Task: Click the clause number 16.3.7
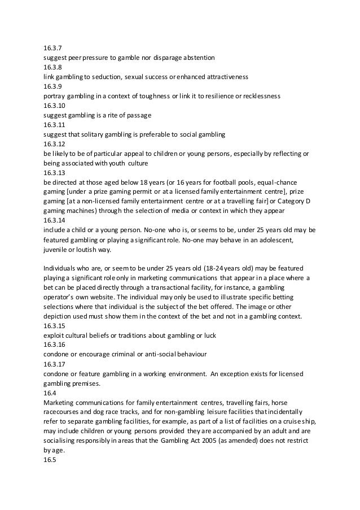coord(52,49)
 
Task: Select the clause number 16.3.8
coord(52,67)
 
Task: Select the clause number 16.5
coord(50,461)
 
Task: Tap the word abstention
coord(204,58)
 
